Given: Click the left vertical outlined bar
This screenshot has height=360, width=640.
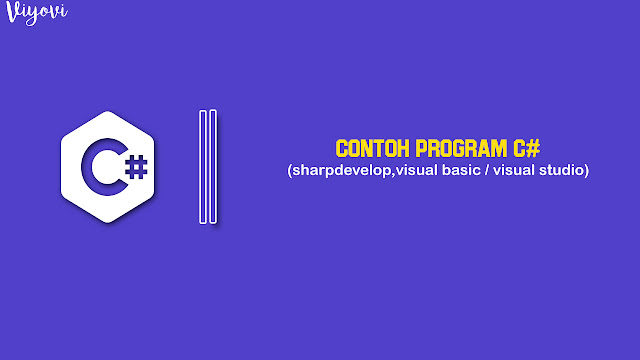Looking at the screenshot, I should click(x=203, y=166).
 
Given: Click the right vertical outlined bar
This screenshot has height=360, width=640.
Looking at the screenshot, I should click(x=213, y=166).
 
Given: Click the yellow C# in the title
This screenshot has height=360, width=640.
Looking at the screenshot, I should click(x=527, y=148).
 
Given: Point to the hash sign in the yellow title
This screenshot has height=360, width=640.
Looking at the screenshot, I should click(x=534, y=148).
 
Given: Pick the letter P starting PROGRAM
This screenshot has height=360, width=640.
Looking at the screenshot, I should click(x=420, y=148).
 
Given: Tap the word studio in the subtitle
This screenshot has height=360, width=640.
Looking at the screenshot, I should click(x=563, y=171).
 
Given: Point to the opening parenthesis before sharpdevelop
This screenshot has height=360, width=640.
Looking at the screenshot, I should click(x=287, y=171).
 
